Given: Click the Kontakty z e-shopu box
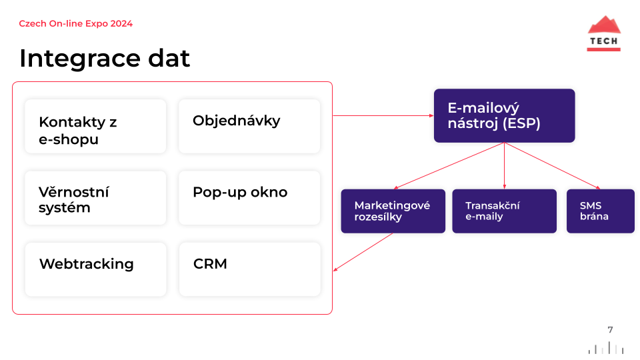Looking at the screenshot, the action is point(95,127).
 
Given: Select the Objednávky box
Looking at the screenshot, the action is point(249,127).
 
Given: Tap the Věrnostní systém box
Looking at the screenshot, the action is point(95,198).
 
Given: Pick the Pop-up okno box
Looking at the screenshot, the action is point(249,198).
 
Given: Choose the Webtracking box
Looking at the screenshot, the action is point(95,269).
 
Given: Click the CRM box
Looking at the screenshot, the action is point(249,269).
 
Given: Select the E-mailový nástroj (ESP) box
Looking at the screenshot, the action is point(505,115).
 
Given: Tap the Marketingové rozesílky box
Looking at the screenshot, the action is point(393,211).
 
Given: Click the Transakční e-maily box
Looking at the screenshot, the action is point(505,211).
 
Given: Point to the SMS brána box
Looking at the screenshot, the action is point(601,211).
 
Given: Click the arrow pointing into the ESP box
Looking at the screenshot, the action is point(383,115).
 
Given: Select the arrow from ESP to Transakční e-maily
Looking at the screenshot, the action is point(505,166).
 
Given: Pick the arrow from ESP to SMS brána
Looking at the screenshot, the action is point(552,166).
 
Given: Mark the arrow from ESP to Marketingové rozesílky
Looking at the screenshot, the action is point(449,166).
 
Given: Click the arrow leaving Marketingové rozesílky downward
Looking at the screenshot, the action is point(363,252).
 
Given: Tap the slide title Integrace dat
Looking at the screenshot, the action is point(105,58).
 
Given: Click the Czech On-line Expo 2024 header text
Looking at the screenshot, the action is point(75,24).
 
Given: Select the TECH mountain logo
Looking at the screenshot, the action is point(604,33).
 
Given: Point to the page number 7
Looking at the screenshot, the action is point(610,330).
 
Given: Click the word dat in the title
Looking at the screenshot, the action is point(169,58).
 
